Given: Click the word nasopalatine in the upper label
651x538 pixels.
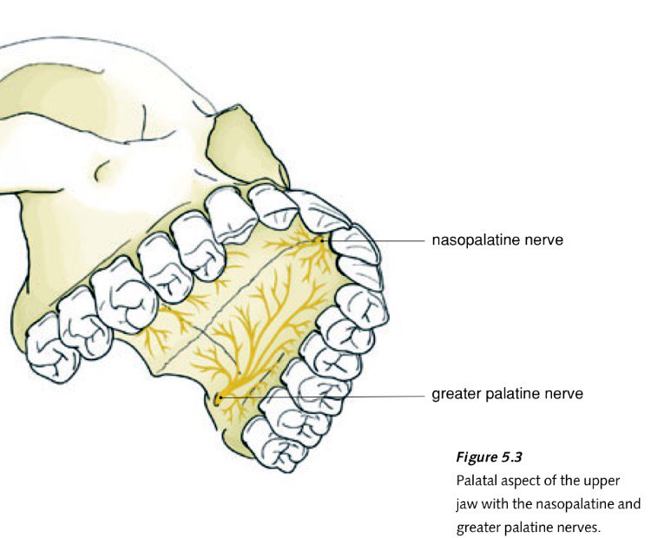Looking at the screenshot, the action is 477,239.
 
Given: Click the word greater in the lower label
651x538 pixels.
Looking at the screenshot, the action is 457,395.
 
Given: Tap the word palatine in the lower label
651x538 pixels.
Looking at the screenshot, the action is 515,395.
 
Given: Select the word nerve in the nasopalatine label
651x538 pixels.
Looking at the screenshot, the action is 544,239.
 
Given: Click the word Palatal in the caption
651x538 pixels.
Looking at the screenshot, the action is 476,480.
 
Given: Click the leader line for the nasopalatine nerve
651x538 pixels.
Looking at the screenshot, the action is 373,240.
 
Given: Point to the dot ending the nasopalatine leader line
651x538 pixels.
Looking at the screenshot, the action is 322,240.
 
